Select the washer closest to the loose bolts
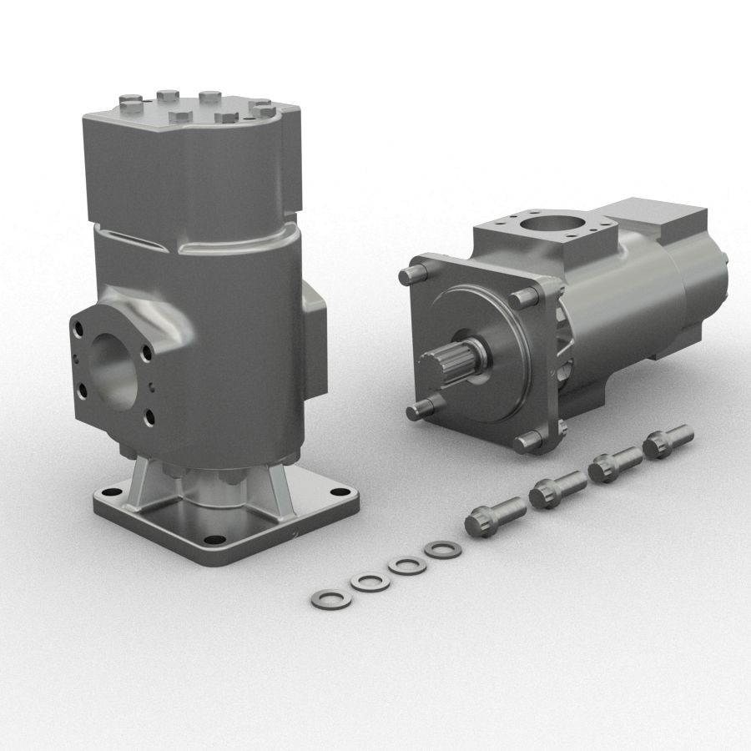click(440, 550)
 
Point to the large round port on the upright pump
click(115, 368)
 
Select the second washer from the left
click(370, 582)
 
